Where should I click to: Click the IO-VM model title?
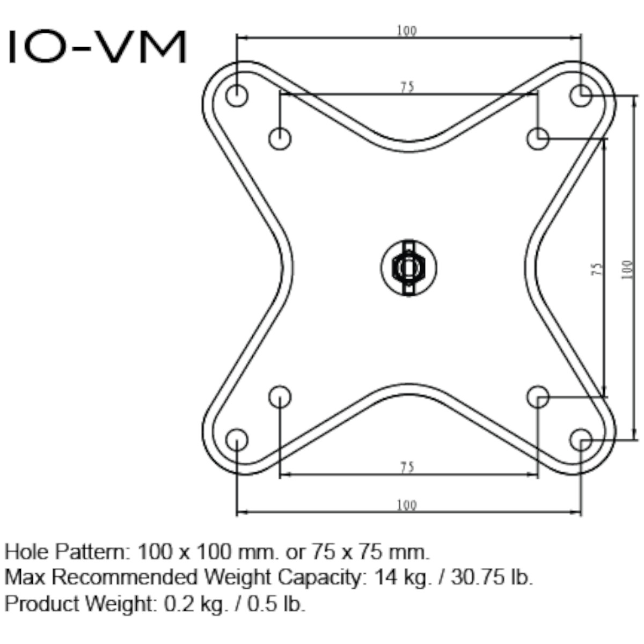click(x=97, y=47)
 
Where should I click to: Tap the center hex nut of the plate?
click(x=408, y=267)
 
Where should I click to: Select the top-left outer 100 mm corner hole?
click(x=237, y=96)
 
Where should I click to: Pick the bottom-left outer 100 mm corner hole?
click(x=237, y=440)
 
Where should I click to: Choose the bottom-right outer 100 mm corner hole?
click(x=580, y=440)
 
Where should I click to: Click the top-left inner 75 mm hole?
click(x=280, y=139)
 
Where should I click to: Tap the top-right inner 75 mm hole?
click(x=537, y=139)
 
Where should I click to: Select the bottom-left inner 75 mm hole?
click(x=280, y=397)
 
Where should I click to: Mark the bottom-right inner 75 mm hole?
click(x=537, y=397)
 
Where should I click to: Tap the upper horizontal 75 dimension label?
click(x=407, y=87)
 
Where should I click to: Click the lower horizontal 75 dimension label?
click(x=407, y=467)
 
